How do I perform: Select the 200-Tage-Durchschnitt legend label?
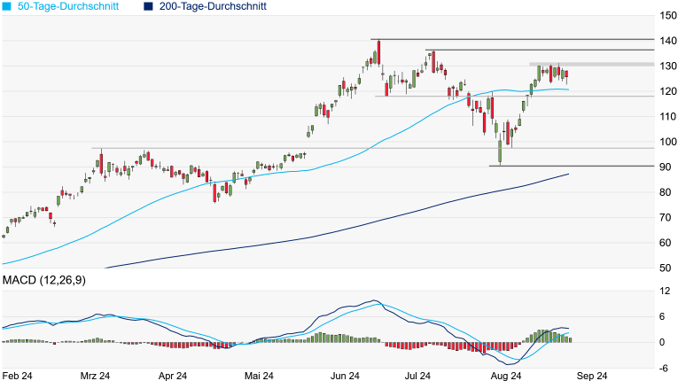point(212,6)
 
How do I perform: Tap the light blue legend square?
point(7,6)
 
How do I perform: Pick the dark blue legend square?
point(147,6)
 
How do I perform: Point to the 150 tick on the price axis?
point(667,15)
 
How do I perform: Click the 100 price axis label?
point(667,142)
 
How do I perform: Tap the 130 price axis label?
point(667,66)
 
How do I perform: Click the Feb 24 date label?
point(19,376)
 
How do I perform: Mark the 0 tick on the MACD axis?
point(661,342)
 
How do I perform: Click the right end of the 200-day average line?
point(567,175)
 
